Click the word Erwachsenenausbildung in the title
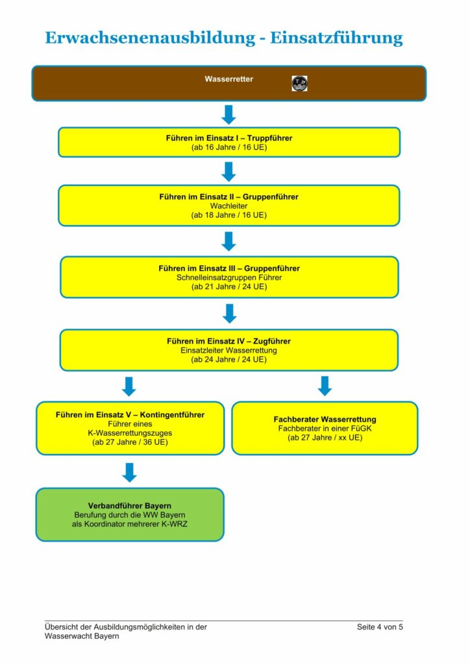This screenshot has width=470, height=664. pyautogui.click(x=150, y=38)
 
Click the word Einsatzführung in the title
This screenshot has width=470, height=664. pyautogui.click(x=336, y=38)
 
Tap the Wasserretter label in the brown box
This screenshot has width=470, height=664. pyautogui.click(x=229, y=79)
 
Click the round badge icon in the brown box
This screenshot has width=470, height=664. pyautogui.click(x=300, y=84)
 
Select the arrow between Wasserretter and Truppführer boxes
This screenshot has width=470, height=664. pyautogui.click(x=229, y=114)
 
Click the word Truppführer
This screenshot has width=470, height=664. pyautogui.click(x=270, y=138)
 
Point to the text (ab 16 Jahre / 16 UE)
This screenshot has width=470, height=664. pyautogui.click(x=229, y=147)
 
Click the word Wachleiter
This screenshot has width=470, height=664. pyautogui.click(x=229, y=206)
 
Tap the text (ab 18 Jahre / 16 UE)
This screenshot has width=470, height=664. pyautogui.click(x=229, y=215)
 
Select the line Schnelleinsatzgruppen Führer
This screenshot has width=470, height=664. pyautogui.click(x=229, y=278)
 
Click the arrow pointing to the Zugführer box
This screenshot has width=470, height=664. pyautogui.click(x=229, y=313)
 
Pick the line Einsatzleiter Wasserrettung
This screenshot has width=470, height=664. pyautogui.click(x=229, y=351)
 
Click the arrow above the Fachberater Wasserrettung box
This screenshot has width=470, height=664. pyautogui.click(x=325, y=386)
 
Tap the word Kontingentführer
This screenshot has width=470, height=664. pyautogui.click(x=172, y=415)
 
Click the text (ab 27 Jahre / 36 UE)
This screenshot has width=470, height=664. pyautogui.click(x=130, y=442)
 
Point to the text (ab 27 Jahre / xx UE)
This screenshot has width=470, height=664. pyautogui.click(x=325, y=438)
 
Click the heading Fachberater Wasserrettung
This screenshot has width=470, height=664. pyautogui.click(x=325, y=420)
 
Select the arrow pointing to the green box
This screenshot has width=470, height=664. pyautogui.click(x=129, y=472)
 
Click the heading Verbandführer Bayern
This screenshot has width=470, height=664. pyautogui.click(x=130, y=506)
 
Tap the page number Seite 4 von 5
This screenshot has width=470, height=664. pyautogui.click(x=380, y=627)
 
